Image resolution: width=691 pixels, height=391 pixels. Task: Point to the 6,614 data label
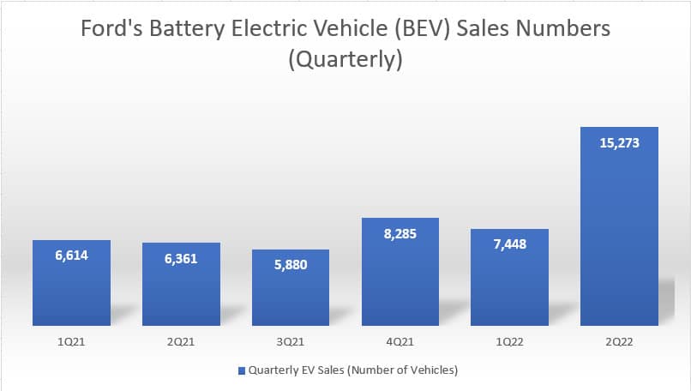point(71,255)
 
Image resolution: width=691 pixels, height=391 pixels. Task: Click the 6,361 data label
point(181,258)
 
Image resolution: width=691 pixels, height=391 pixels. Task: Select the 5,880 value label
point(291,264)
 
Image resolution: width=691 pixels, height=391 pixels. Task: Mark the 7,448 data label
point(510,244)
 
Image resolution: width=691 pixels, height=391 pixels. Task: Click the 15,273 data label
point(619,142)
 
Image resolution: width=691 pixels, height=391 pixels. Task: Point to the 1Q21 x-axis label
point(71,340)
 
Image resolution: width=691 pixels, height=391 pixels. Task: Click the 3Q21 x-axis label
point(291,340)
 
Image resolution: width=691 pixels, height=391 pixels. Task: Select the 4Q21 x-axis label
point(400,340)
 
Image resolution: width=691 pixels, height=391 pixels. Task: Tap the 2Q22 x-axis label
point(619,340)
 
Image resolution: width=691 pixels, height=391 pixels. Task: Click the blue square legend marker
point(241,370)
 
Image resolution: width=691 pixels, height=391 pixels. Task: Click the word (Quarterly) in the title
point(345,61)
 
